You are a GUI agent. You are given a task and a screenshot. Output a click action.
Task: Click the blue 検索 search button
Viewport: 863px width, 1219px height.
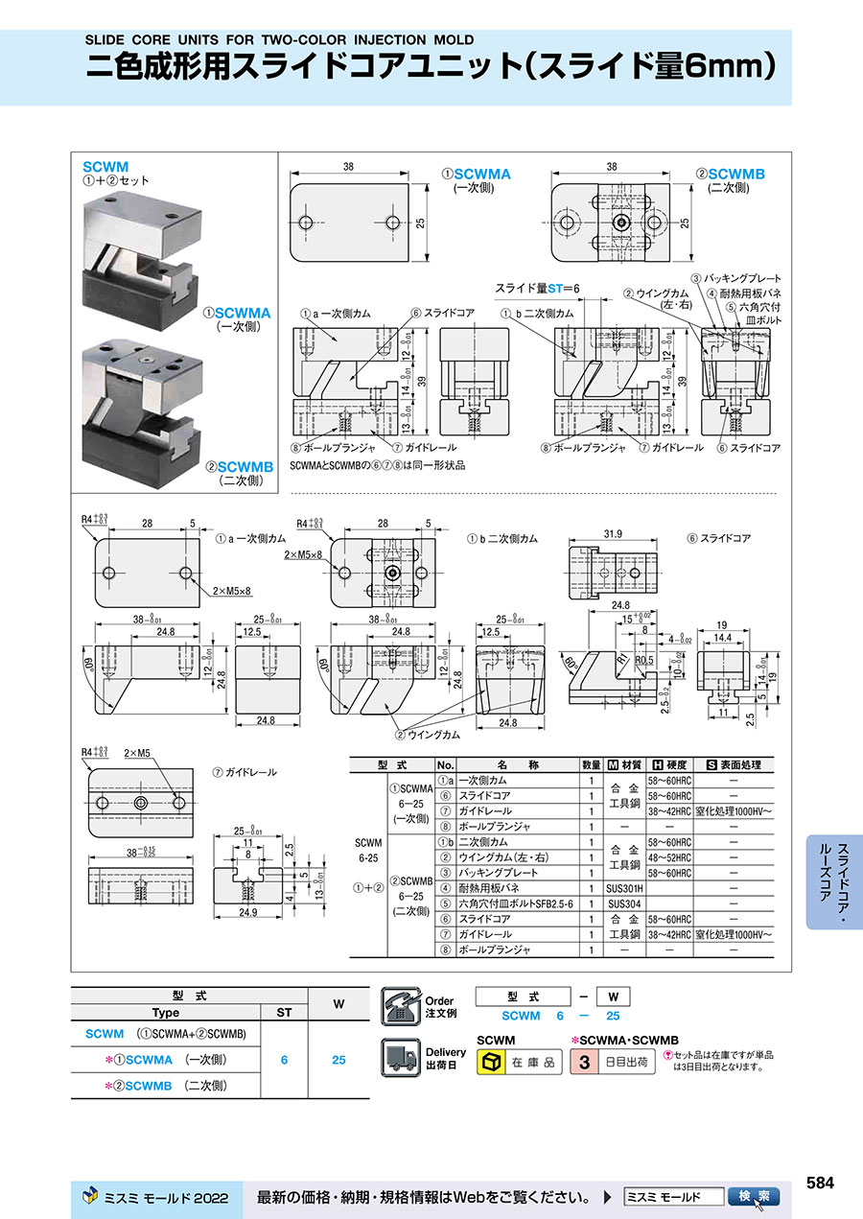[755, 1197]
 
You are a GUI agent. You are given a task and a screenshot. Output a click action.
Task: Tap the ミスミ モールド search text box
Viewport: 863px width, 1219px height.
[673, 1197]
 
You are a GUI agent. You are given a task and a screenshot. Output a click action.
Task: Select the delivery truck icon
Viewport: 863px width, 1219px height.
[400, 1059]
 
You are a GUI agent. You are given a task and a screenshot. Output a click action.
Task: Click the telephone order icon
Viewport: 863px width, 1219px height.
[400, 1006]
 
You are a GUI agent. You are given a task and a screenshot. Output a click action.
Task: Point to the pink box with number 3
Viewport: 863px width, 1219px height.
[584, 1063]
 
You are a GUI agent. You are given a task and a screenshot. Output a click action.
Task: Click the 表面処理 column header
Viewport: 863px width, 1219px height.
[733, 764]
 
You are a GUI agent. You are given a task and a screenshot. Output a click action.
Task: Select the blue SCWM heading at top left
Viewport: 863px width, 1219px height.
[105, 166]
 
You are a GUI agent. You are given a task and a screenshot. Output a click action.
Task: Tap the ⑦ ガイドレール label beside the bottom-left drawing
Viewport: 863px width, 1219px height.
[245, 771]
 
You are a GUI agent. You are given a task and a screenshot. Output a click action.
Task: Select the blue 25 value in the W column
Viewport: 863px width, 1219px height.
[338, 1060]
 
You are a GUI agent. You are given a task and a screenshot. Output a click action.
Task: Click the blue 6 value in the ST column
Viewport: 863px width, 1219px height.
[284, 1060]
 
